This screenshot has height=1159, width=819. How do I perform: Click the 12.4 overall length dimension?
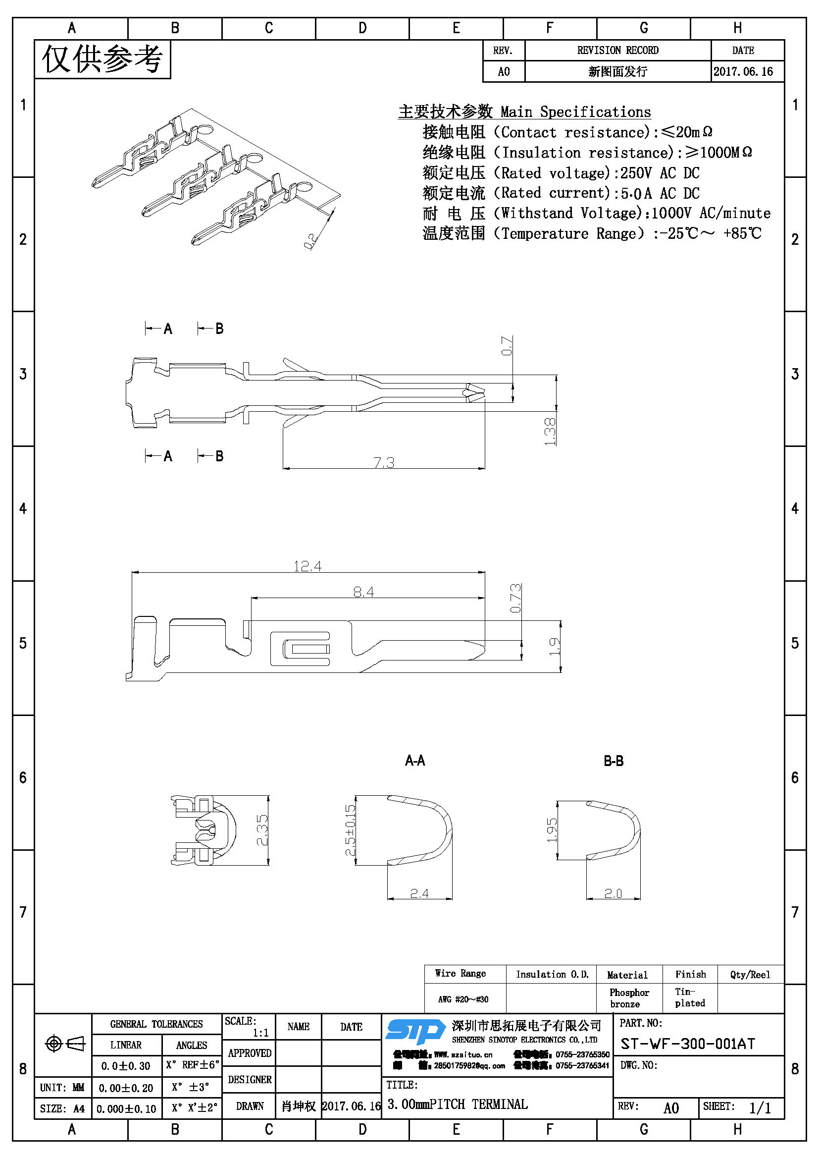click(307, 566)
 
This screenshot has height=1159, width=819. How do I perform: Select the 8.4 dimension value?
click(363, 592)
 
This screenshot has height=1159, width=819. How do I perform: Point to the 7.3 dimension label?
click(384, 462)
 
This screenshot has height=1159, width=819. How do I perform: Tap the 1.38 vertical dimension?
click(550, 432)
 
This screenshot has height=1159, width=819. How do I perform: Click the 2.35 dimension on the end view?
click(262, 830)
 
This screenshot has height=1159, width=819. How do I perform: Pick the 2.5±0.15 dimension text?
click(350, 830)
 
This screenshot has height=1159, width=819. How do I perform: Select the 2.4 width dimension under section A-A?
click(419, 893)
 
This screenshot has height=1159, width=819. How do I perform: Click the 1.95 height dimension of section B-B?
click(552, 830)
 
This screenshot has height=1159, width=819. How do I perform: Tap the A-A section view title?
click(415, 761)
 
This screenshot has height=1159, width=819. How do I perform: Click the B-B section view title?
click(613, 761)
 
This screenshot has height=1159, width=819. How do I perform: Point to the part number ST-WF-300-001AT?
click(687, 1044)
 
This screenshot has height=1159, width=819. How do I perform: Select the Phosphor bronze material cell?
click(628, 998)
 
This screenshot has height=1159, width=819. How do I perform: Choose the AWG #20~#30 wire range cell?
click(463, 999)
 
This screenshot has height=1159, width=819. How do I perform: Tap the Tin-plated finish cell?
click(689, 997)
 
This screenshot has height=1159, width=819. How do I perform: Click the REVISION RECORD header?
click(617, 51)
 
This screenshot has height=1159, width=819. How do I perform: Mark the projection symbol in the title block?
click(65, 1044)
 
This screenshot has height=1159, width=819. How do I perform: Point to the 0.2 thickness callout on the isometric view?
click(309, 240)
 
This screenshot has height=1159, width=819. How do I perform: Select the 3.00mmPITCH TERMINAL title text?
click(458, 1104)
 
